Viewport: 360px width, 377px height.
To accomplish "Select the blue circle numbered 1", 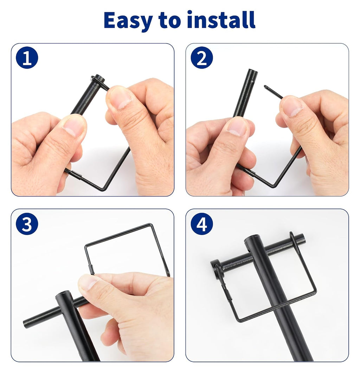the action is pyautogui.click(x=27, y=58).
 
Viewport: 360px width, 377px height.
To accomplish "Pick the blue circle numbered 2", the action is pyautogui.click(x=202, y=58).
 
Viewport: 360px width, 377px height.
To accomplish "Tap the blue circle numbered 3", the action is pyautogui.click(x=27, y=224).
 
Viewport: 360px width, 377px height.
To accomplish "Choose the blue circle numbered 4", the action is pyautogui.click(x=202, y=224).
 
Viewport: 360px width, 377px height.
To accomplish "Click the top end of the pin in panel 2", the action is pyautogui.click(x=252, y=72).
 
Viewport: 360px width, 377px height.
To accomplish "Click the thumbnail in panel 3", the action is pyautogui.click(x=89, y=282).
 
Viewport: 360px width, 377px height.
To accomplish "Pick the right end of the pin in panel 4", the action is pyautogui.click(x=302, y=239).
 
